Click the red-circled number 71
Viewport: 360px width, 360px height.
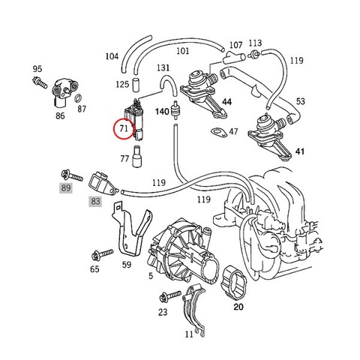(x=124, y=128)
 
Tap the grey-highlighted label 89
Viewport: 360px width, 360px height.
(x=66, y=187)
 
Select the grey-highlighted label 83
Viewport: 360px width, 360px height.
(x=95, y=201)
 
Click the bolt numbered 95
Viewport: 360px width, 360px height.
(x=40, y=82)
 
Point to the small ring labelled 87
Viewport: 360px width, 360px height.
(x=78, y=98)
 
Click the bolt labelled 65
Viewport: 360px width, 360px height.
(x=103, y=254)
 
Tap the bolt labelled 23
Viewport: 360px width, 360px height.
(x=170, y=296)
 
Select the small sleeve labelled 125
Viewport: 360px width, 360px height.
(x=136, y=85)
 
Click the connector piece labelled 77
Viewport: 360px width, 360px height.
(x=137, y=157)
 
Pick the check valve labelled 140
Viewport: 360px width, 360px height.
(x=176, y=109)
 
